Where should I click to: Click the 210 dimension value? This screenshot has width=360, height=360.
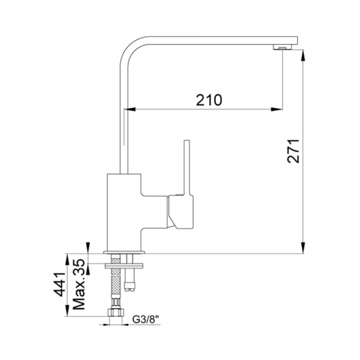point(209,100)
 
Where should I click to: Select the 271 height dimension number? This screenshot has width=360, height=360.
point(294,151)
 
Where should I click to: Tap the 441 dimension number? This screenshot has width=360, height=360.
point(59,284)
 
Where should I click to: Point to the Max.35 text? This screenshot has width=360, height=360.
point(79,284)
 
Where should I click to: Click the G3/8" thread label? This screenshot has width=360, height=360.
point(146,320)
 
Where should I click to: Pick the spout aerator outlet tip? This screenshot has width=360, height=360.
point(282,48)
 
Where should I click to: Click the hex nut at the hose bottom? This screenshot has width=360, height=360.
point(116,312)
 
